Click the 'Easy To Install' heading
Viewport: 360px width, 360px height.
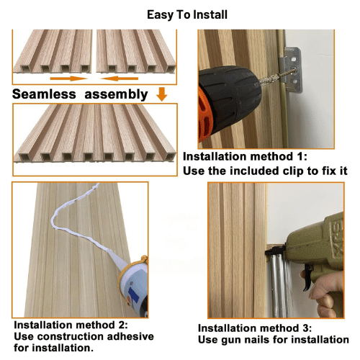pyautogui.click(x=187, y=15)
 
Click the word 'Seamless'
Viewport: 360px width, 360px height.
pyautogui.click(x=44, y=94)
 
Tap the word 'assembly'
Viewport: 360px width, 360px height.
pyautogui.click(x=116, y=94)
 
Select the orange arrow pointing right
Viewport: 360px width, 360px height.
pyautogui.click(x=68, y=78)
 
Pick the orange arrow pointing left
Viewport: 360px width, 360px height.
pyautogui.click(x=120, y=78)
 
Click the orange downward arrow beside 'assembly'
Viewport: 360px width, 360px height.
pyautogui.click(x=162, y=94)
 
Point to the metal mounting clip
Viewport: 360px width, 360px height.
pyautogui.click(x=291, y=70)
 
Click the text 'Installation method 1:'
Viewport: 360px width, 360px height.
pyautogui.click(x=245, y=156)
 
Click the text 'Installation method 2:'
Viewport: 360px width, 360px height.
pyautogui.click(x=71, y=325)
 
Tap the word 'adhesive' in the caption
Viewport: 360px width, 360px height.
pyautogui.click(x=130, y=336)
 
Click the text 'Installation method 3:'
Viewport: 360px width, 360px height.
pyautogui.click(x=255, y=328)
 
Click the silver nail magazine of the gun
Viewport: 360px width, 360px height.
pyautogui.click(x=279, y=286)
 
